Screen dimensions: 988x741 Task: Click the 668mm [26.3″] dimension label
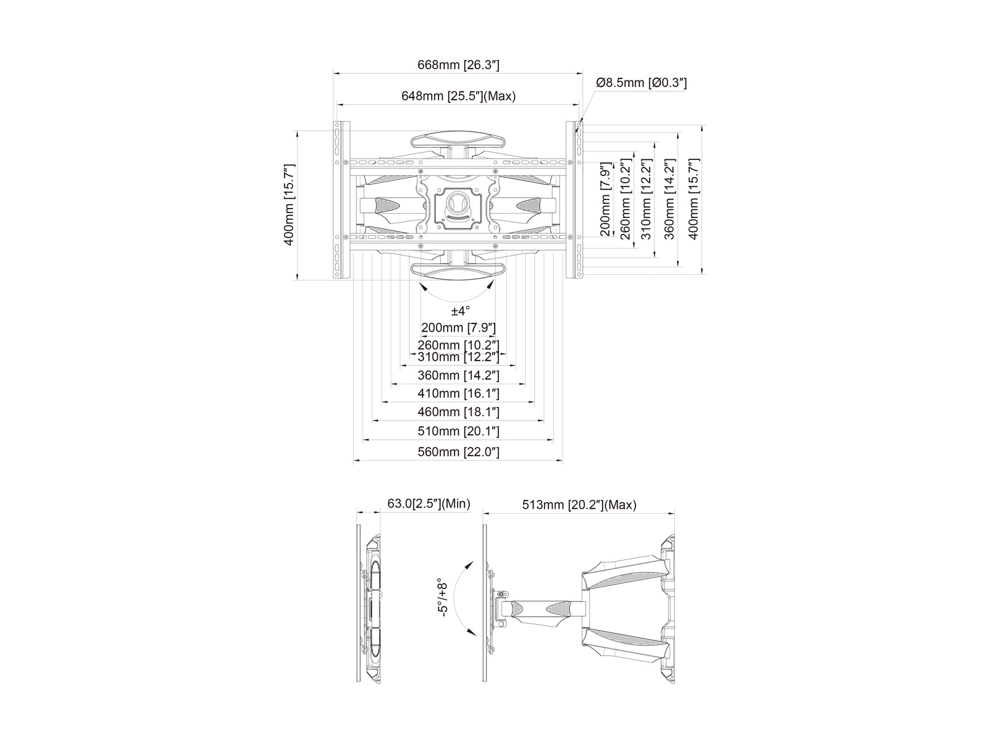coord(458,65)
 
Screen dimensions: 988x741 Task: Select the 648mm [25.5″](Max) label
coord(458,96)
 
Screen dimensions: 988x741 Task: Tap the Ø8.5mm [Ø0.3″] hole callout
coord(642,83)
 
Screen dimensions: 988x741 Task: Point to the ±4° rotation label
coord(460,311)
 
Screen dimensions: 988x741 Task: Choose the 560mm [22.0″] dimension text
coord(458,452)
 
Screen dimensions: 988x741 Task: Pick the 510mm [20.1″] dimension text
coord(458,431)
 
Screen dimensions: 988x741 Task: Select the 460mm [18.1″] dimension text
coord(458,412)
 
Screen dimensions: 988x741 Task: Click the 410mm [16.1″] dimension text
coord(458,393)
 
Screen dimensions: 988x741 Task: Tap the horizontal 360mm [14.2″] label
coord(458,375)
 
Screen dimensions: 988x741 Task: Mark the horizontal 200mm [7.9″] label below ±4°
coord(458,327)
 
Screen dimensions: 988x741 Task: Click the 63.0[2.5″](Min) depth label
coord(429,503)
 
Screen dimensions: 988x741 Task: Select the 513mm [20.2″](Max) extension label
coord(579,504)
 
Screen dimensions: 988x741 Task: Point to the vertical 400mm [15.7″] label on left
coord(288,205)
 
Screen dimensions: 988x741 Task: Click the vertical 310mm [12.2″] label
coord(646,199)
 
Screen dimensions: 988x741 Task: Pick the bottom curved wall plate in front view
coord(458,271)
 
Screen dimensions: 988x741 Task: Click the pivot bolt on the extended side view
coord(501,595)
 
